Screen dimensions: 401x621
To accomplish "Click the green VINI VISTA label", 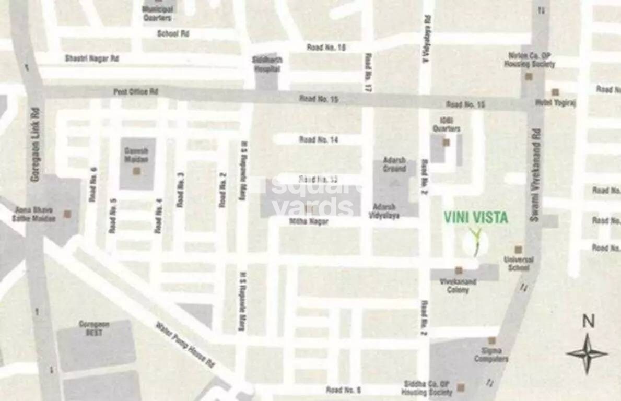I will pyautogui.click(x=475, y=217).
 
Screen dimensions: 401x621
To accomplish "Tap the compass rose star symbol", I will pyautogui.click(x=587, y=353).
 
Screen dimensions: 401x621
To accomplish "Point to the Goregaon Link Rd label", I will pyautogui.click(x=36, y=144).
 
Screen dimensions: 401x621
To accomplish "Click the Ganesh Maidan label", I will pyautogui.click(x=136, y=154).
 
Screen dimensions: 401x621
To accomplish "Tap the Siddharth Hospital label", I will pyautogui.click(x=267, y=64).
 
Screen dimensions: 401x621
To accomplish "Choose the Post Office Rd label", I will pyautogui.click(x=136, y=92).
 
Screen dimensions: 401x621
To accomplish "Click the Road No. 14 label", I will pyautogui.click(x=319, y=139).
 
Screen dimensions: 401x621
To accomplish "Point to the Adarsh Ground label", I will pyautogui.click(x=394, y=164).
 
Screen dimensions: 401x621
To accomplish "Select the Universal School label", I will pyautogui.click(x=519, y=264).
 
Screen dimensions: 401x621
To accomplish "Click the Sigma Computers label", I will pyautogui.click(x=491, y=355).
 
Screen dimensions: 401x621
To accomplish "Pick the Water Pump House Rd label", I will pyautogui.click(x=185, y=345).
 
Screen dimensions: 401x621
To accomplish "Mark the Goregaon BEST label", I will pyautogui.click(x=94, y=328).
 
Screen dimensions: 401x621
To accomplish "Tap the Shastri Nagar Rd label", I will pyautogui.click(x=92, y=58).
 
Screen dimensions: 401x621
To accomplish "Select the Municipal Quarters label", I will pyautogui.click(x=157, y=14).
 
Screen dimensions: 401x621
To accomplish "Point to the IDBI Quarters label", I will pyautogui.click(x=447, y=125).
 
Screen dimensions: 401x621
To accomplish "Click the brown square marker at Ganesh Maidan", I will pyautogui.click(x=136, y=171).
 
